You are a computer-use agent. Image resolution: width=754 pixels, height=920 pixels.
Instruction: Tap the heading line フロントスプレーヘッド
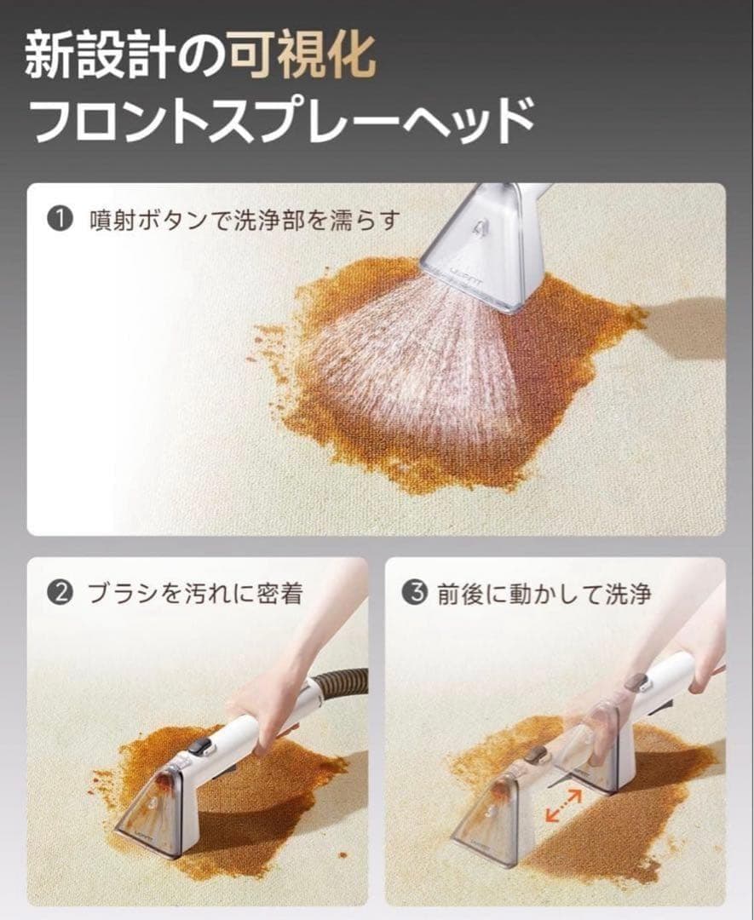(282, 120)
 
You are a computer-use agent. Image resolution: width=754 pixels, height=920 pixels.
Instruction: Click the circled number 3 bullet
(417, 594)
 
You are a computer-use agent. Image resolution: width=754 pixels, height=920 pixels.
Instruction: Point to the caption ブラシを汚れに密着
(195, 594)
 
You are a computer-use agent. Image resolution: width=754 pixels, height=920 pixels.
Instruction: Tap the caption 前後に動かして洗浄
(544, 594)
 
